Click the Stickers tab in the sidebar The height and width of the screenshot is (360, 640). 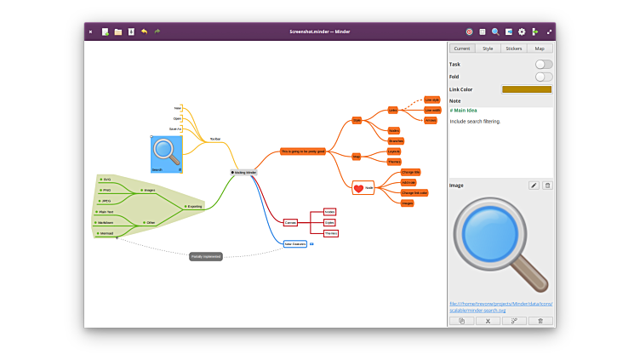pos(513,49)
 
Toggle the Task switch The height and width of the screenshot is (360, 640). pos(543,64)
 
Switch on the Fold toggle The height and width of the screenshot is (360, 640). pos(543,77)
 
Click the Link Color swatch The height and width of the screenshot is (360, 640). pos(526,89)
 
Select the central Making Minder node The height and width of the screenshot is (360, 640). pos(244,172)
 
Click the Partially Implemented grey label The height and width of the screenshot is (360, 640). pos(206,256)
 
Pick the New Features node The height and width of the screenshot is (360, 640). pos(294,243)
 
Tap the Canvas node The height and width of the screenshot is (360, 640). pos(290,222)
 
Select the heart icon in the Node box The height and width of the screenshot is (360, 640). pos(359,188)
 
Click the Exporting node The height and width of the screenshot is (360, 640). pos(195,206)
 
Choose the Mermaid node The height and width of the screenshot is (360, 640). pos(106,232)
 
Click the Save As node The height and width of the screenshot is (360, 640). pos(175,129)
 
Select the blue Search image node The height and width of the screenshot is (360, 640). pos(166,153)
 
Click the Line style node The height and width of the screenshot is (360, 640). pos(432,100)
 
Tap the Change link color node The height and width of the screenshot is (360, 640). pos(414,192)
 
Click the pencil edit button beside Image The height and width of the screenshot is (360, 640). pos(534,185)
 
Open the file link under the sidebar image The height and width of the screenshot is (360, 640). pos(500,306)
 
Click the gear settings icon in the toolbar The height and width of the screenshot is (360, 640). pos(522,31)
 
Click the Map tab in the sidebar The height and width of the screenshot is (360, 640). pos(540,49)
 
